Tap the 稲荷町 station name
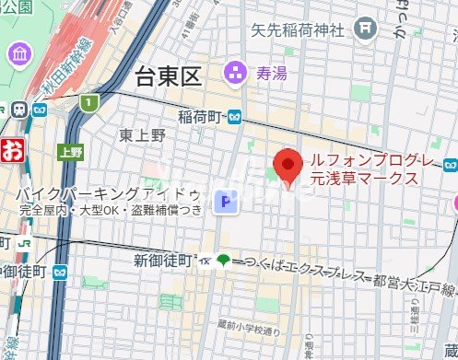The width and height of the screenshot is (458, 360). pos(202,117)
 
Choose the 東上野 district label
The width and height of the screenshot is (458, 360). pos(143,135)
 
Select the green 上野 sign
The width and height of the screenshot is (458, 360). pos(70,152)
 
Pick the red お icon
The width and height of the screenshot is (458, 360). pos(10,151)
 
